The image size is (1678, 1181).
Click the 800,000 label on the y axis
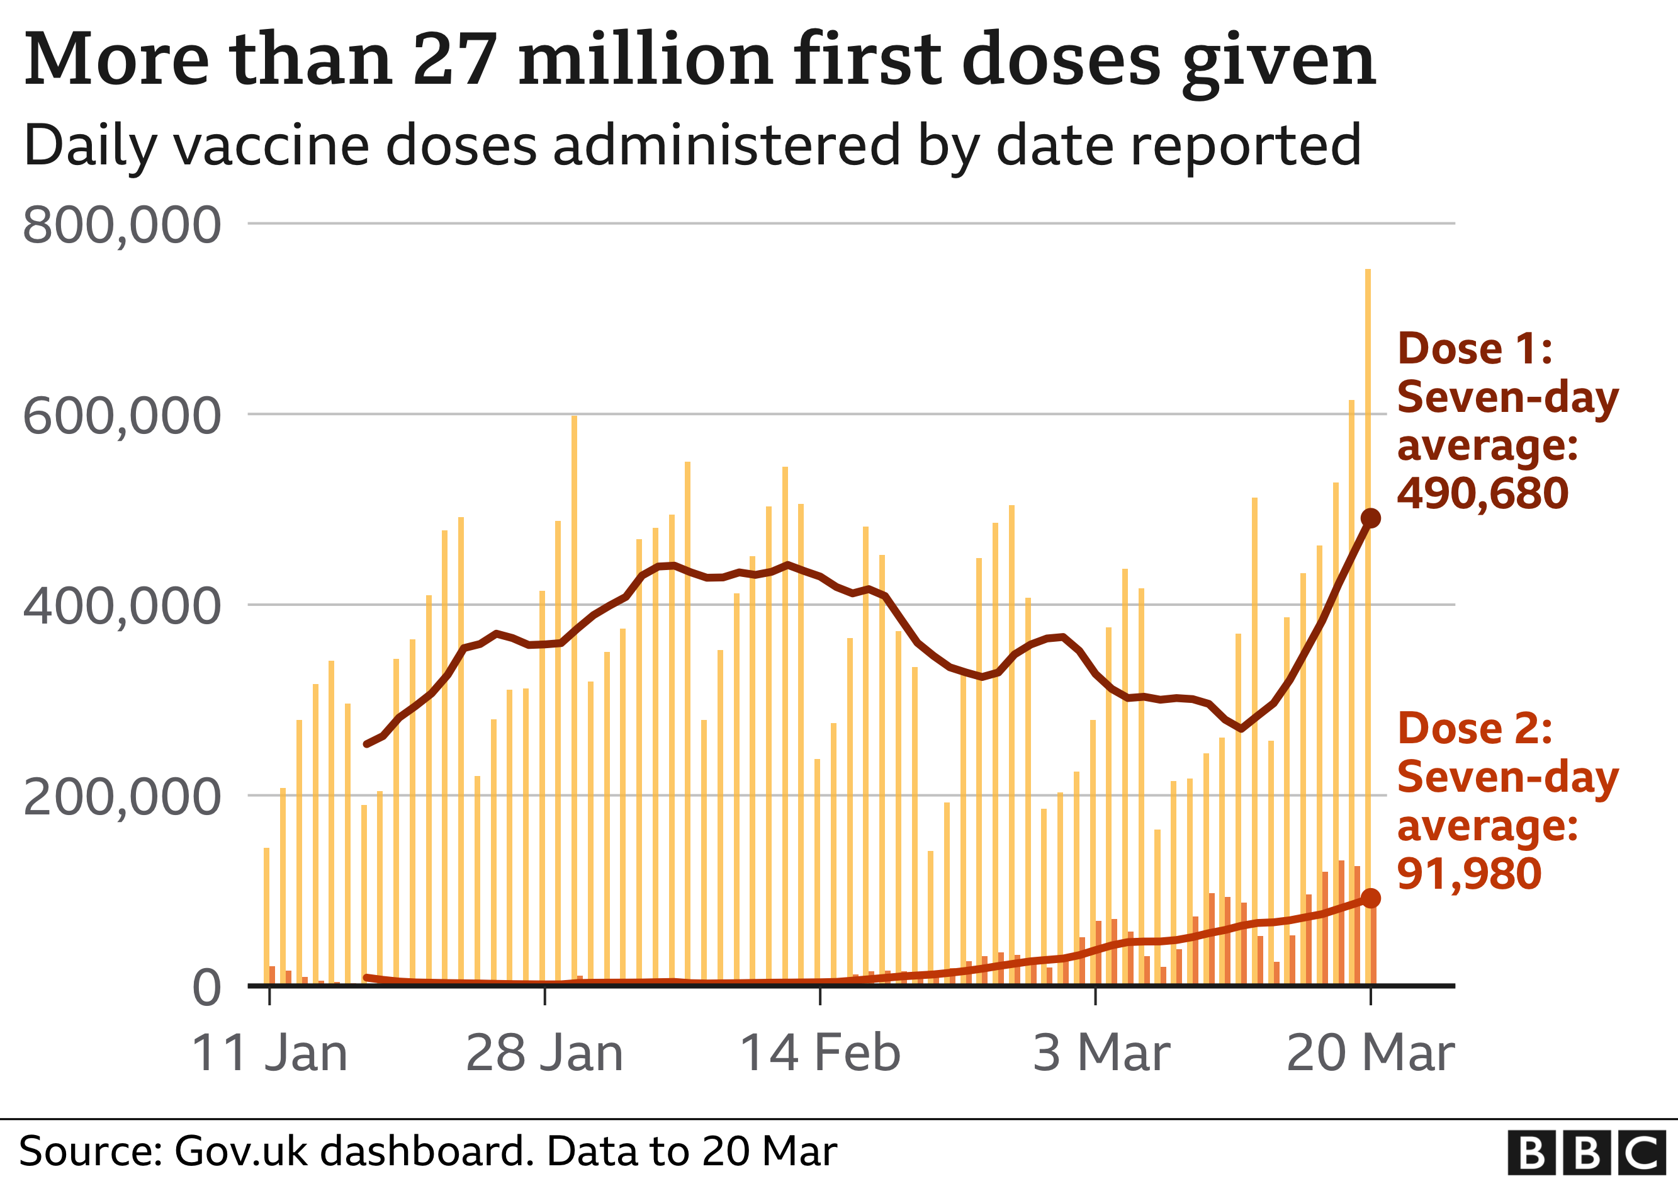(121, 225)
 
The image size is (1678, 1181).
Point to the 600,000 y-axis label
(121, 416)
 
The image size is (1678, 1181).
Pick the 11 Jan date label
(269, 1054)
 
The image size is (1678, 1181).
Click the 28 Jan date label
(544, 1054)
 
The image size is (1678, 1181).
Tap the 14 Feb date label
(820, 1054)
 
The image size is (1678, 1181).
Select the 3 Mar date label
(1101, 1054)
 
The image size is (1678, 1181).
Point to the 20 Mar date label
(1370, 1054)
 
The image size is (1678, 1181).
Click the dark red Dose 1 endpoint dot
(1370, 518)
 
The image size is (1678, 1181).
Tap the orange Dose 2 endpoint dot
(1370, 898)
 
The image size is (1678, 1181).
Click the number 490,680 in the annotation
(1482, 494)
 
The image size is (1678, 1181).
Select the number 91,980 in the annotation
(1469, 874)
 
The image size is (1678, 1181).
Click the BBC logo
(1587, 1153)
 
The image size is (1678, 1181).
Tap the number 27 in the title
(454, 60)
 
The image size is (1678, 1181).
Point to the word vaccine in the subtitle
(271, 145)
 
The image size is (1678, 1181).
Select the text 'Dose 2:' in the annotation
(1475, 729)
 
